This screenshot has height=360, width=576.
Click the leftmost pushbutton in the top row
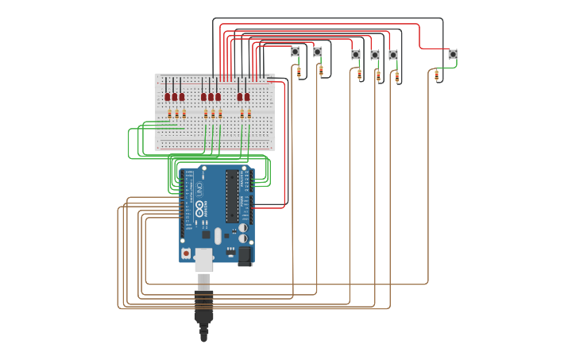tap(295, 52)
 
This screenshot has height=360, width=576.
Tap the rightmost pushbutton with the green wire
tap(452, 54)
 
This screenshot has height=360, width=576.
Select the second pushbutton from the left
tap(318, 52)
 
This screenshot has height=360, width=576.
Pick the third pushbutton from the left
tap(355, 55)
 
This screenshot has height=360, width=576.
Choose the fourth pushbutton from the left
tap(374, 55)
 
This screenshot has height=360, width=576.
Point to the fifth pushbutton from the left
tap(393, 55)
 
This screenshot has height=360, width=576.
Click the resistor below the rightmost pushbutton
tap(436, 75)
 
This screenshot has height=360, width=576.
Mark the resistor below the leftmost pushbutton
tap(299, 72)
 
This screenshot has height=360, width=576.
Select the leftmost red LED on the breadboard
tap(168, 97)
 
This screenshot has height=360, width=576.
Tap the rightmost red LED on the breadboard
tap(247, 97)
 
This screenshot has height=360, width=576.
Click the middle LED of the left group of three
tap(175, 97)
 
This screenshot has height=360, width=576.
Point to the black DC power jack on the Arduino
tap(245, 255)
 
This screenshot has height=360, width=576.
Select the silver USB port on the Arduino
tap(204, 259)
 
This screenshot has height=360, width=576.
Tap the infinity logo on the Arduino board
tap(199, 210)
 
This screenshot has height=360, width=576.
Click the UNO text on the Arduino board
tap(199, 190)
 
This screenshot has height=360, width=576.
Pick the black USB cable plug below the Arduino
tap(204, 306)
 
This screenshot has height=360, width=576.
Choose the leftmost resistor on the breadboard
tap(169, 114)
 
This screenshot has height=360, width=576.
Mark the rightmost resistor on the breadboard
tap(249, 114)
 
